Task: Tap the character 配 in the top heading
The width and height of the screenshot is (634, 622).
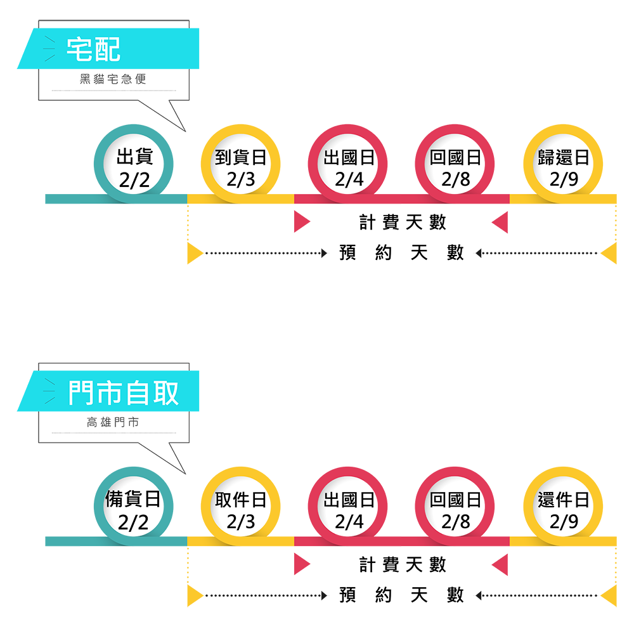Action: click(x=107, y=49)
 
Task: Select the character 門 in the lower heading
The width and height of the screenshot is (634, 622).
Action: click(x=82, y=393)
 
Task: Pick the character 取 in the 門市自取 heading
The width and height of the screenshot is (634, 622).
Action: click(x=165, y=393)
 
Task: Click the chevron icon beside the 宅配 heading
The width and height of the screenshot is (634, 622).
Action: click(x=49, y=49)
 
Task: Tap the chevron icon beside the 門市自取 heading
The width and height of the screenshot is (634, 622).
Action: click(x=49, y=393)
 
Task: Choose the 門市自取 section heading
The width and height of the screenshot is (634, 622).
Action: click(x=124, y=393)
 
